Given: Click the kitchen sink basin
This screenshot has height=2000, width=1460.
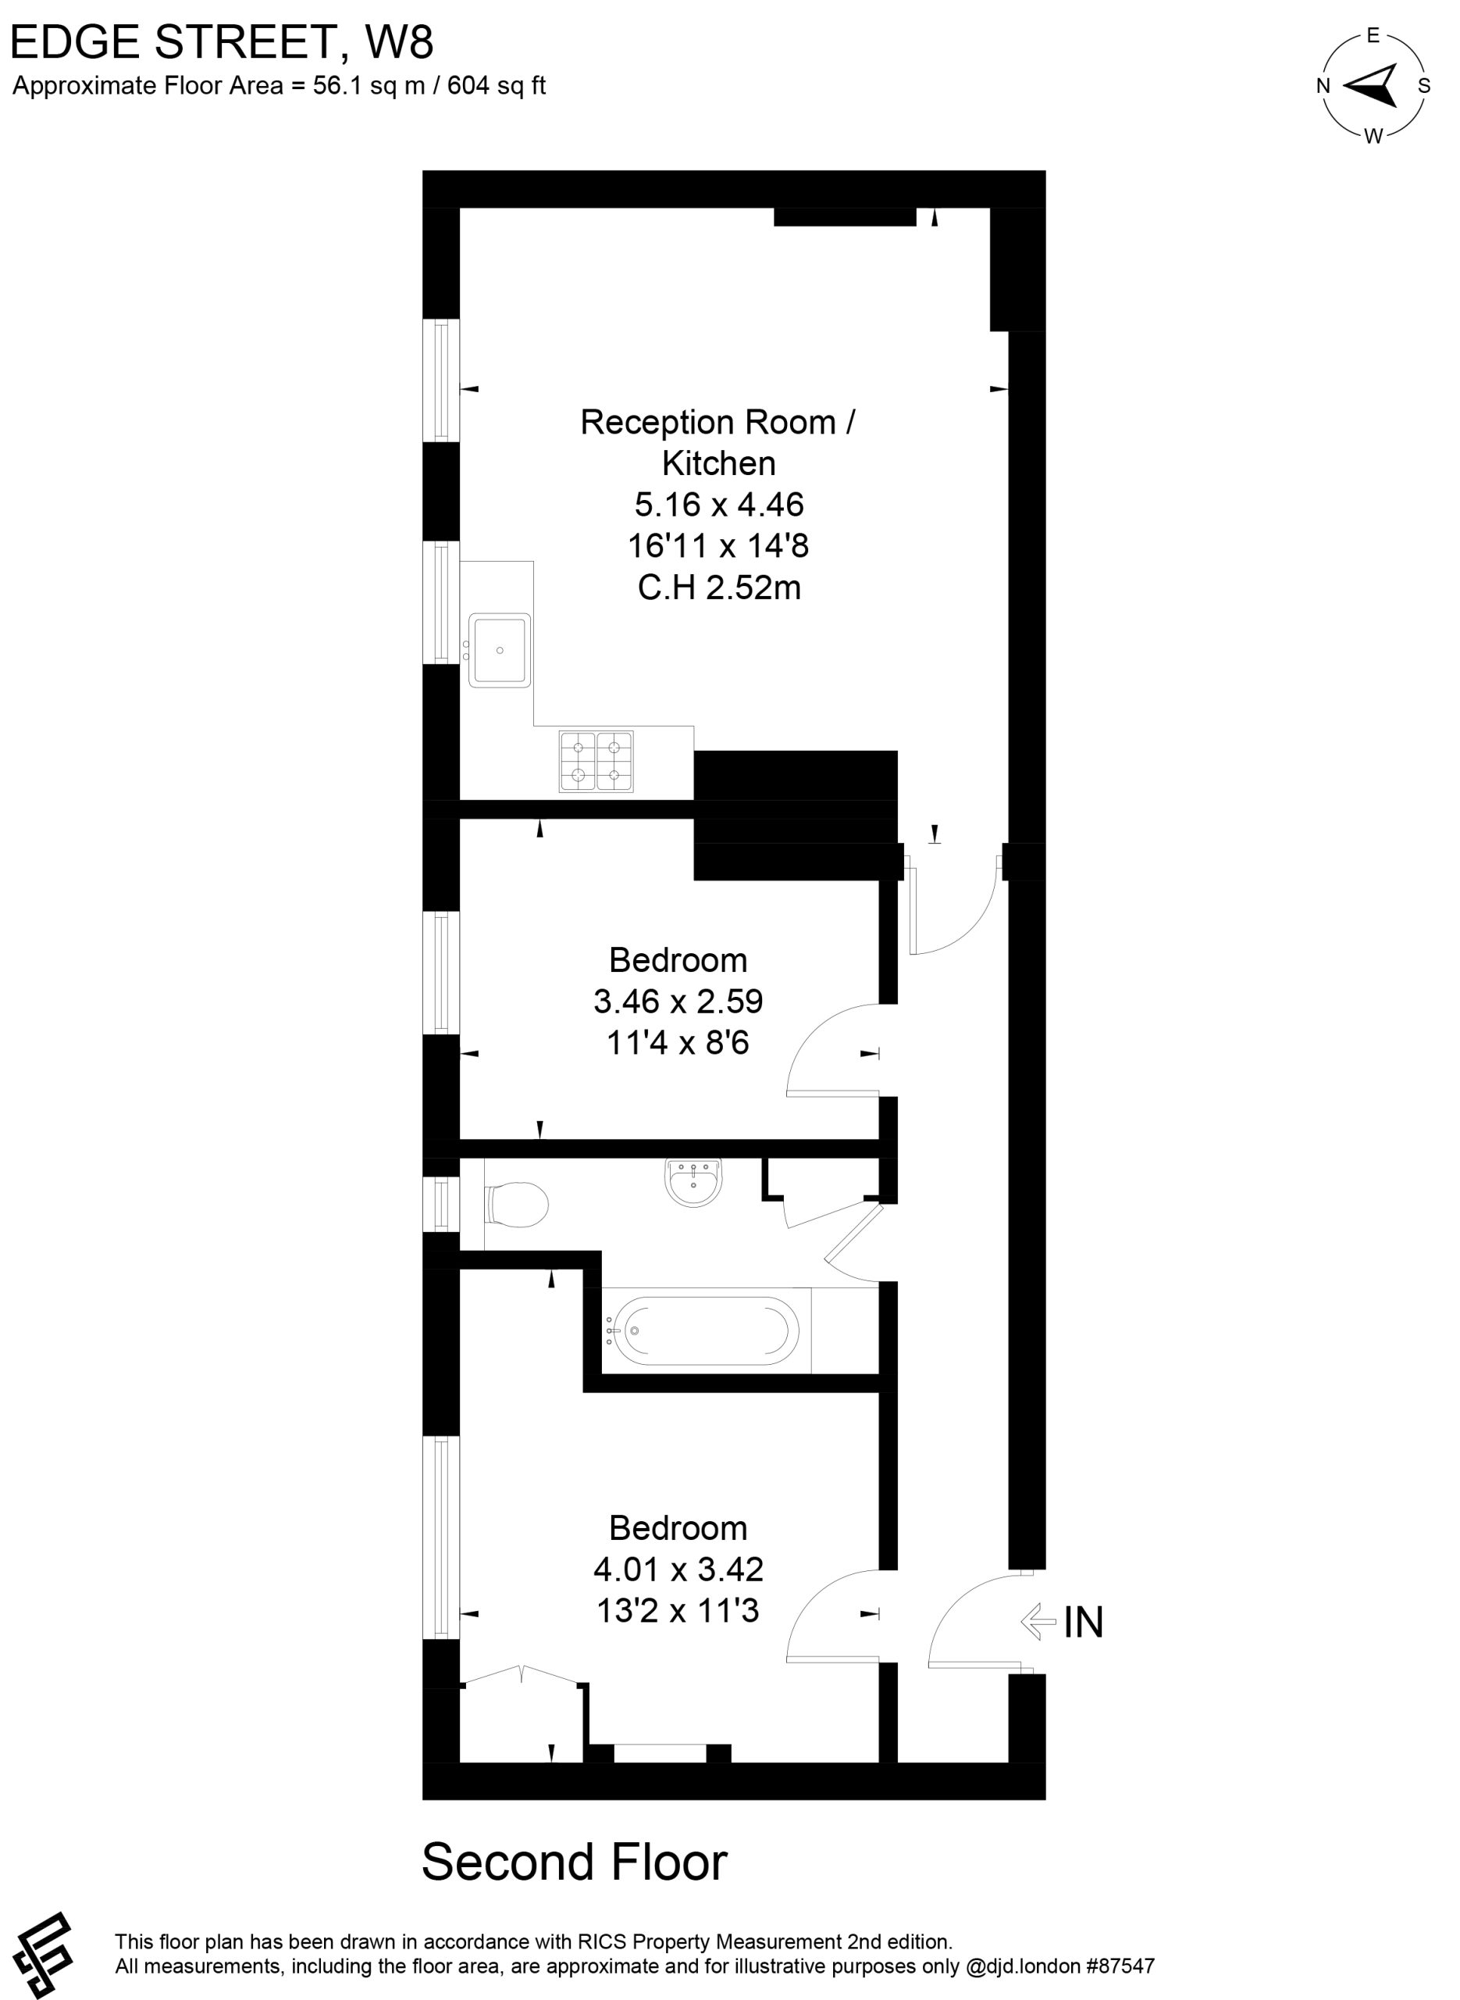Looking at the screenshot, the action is [500, 651].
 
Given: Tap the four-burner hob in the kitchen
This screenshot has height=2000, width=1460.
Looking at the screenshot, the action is [596, 760].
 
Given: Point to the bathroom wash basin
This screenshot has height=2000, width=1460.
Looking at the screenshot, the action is [694, 1182].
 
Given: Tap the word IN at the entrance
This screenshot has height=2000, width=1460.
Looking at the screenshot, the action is [1084, 1622].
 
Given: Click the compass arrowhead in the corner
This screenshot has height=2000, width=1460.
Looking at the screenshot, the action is [1371, 85].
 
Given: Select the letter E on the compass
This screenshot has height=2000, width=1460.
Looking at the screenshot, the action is [1373, 35].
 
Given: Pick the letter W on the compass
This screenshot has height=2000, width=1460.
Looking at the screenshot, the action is [1373, 136].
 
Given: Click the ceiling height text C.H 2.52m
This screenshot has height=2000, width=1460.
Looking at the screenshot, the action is [719, 587].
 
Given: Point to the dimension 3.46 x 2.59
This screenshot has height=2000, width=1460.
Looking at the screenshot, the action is [678, 1001].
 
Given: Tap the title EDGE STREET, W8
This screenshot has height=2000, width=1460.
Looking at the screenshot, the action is [222, 41].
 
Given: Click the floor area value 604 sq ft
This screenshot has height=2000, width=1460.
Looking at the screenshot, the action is [497, 86].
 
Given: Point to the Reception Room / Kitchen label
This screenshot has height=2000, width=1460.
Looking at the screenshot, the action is [718, 442].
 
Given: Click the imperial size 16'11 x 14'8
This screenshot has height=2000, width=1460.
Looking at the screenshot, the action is [718, 545].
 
